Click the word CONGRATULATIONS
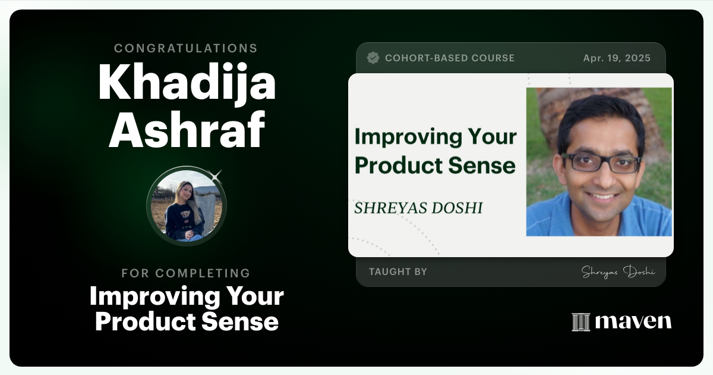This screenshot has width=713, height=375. tap(186, 48)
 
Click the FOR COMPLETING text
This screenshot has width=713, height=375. tap(186, 273)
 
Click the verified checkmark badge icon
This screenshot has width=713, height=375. tap(373, 58)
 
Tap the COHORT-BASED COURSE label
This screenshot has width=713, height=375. tap(450, 58)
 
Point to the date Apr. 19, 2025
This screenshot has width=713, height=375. tap(617, 58)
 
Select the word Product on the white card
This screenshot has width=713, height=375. tap(397, 165)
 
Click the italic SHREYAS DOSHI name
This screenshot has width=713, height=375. tap(418, 208)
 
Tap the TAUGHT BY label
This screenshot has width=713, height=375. tap(397, 272)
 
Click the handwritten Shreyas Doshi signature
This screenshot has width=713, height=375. tap(618, 272)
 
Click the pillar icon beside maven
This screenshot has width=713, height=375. tap(581, 322)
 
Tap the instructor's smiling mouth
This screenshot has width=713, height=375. tap(602, 195)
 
